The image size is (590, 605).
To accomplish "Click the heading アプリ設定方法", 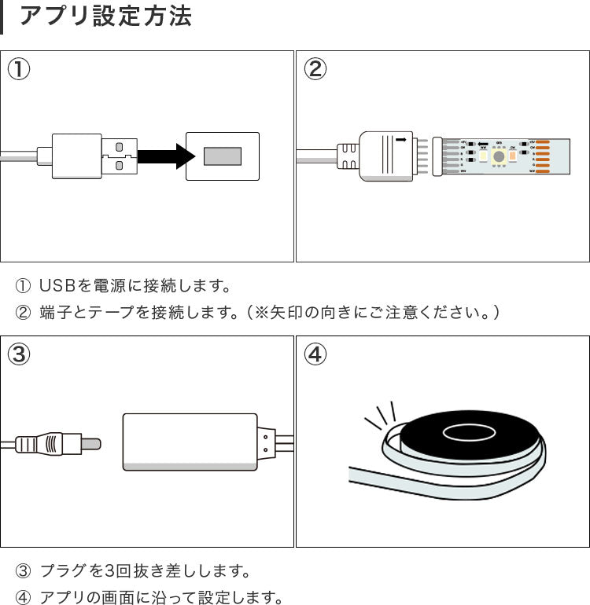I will click(105, 17).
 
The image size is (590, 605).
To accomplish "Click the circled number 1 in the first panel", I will click(19, 69).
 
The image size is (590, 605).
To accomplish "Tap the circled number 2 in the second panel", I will click(315, 69).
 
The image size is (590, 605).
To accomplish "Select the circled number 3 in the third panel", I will click(19, 354).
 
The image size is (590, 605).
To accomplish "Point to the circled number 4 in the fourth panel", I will click(315, 354).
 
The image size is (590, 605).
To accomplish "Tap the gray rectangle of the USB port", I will click(222, 156).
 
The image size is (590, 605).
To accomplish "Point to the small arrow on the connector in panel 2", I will click(402, 141).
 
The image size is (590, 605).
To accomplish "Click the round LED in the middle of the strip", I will click(498, 156).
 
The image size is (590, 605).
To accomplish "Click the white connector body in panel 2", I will click(385, 156).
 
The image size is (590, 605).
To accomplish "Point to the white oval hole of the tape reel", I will click(466, 431).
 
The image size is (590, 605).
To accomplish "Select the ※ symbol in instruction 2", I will click(257, 312).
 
